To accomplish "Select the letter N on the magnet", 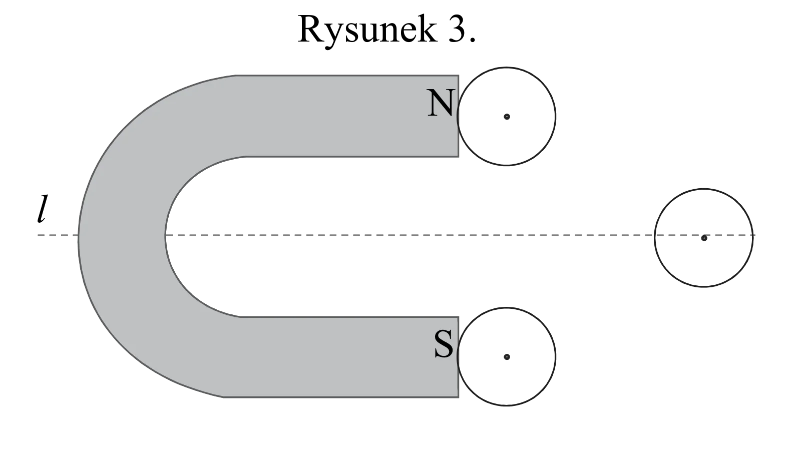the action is [x=441, y=103].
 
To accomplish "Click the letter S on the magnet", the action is [x=444, y=344].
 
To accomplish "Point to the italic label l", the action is [x=42, y=209].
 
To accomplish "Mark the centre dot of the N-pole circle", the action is [x=507, y=117].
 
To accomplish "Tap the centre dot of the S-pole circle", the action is [x=507, y=357].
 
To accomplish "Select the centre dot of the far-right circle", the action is [x=704, y=238].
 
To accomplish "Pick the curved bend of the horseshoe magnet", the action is [x=121, y=235].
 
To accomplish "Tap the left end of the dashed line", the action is [x=38, y=235].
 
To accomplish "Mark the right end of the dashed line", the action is [x=755, y=235].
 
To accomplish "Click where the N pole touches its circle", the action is [x=458, y=116].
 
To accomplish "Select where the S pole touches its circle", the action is [x=458, y=356].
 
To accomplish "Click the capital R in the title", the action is [x=310, y=29].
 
